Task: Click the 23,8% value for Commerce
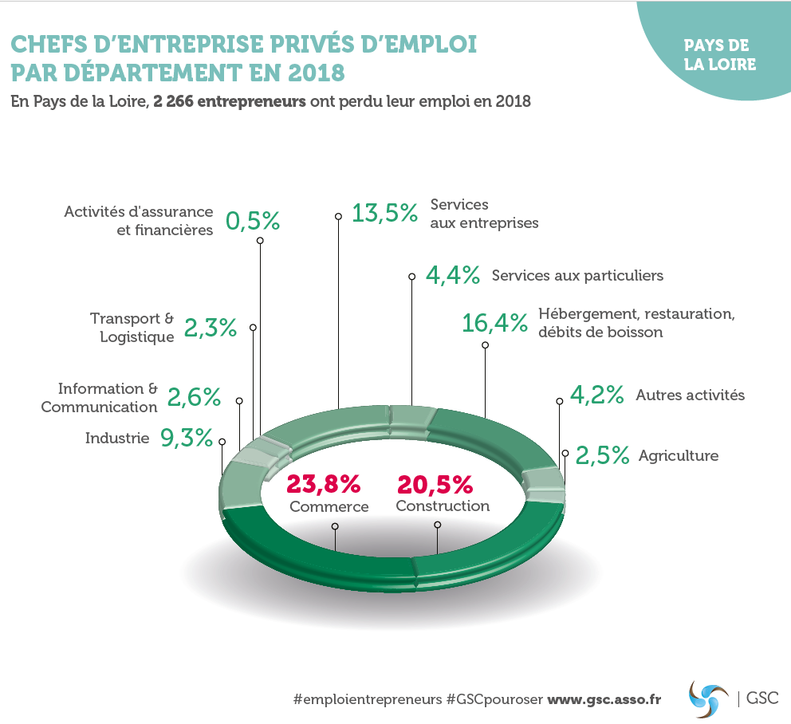[324, 483]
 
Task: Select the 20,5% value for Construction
[435, 483]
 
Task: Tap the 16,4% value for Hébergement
[495, 323]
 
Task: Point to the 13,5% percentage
[385, 213]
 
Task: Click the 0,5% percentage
[253, 220]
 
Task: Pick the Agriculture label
[678, 456]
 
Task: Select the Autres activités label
[690, 395]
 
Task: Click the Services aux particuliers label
[577, 276]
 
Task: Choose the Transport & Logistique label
[132, 328]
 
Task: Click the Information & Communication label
[100, 398]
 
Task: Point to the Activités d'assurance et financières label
[139, 221]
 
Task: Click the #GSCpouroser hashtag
[494, 698]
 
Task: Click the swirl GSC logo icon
[708, 698]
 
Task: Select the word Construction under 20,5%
[443, 506]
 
